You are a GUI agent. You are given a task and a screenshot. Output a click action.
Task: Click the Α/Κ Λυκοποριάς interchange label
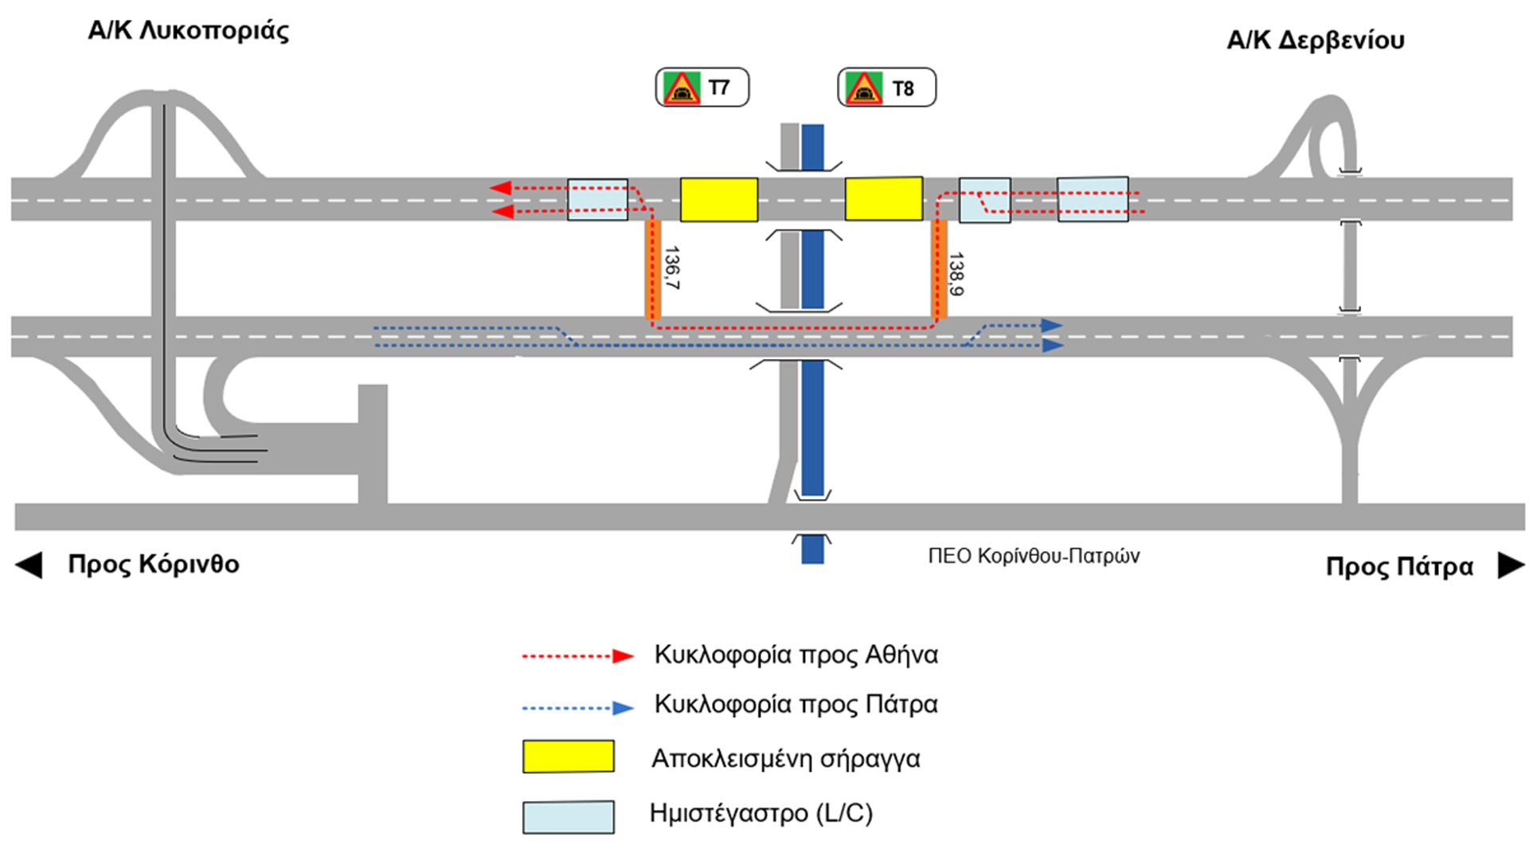(188, 31)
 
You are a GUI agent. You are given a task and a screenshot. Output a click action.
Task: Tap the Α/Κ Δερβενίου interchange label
(1315, 40)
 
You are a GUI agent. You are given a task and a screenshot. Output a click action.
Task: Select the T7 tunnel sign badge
(702, 88)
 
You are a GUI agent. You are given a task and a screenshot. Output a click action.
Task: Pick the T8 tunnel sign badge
(886, 88)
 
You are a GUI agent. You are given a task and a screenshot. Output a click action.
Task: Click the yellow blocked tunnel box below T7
(718, 200)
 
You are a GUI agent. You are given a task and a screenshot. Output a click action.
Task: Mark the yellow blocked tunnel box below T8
(883, 199)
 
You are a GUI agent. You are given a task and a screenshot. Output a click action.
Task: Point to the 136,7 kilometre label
(672, 268)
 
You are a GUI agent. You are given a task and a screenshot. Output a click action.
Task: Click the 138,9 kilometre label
(956, 274)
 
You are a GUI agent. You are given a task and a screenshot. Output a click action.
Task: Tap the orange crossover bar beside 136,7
(653, 269)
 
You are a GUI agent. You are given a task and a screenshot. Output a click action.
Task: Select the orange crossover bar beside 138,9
(939, 269)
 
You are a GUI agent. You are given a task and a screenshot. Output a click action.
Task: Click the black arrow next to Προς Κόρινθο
(29, 565)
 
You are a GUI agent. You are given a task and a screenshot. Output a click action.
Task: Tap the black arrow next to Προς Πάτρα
(1511, 565)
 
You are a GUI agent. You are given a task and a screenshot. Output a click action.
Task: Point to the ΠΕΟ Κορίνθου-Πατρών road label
(1034, 556)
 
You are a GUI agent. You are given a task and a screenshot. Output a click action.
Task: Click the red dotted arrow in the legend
(577, 656)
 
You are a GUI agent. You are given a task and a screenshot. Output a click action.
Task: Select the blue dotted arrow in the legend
(577, 707)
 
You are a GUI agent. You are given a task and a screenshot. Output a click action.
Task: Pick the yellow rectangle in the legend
(568, 756)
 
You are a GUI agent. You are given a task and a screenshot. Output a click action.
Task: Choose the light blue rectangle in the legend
(568, 817)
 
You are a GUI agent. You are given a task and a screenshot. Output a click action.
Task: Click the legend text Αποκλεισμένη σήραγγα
(785, 759)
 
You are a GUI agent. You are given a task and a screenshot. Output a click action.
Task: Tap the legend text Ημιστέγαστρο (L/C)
(761, 813)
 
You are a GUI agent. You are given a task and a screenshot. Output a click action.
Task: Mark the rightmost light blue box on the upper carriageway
(1093, 199)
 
